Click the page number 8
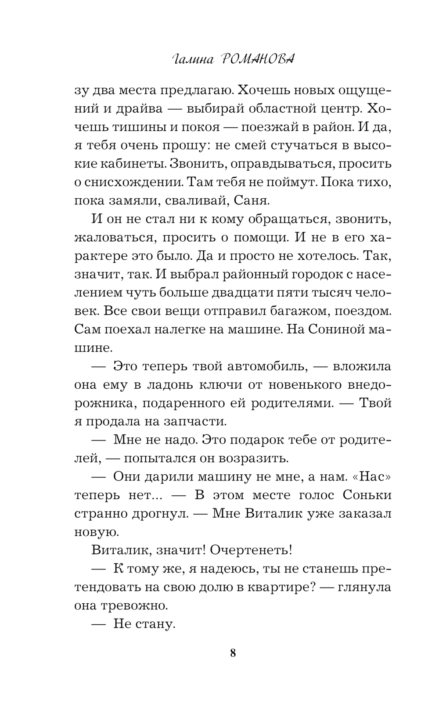coord(233,653)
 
